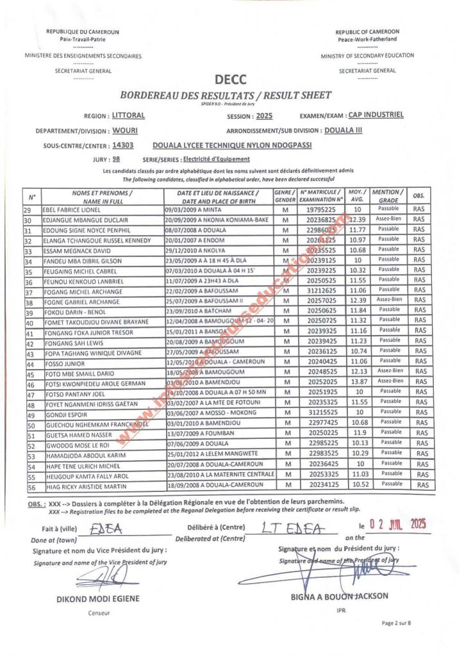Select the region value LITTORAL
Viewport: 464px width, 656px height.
pos(128,116)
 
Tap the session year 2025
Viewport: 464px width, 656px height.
pos(263,117)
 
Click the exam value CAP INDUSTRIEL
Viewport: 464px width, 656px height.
pos(376,116)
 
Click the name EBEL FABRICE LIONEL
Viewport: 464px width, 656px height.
pos(72,210)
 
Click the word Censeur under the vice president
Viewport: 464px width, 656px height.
pos(99,613)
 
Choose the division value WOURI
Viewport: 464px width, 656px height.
pos(125,131)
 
